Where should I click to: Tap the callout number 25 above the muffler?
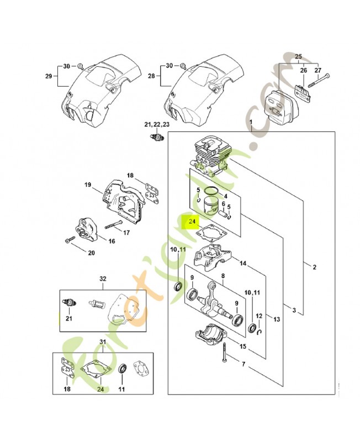299,57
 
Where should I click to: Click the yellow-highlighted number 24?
192,223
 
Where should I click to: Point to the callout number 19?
87,185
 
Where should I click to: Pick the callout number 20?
91,254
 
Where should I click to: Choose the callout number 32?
102,279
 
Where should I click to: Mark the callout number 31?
102,344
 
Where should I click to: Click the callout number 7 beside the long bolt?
243,364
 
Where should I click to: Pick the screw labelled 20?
70,241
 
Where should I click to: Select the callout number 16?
112,241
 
